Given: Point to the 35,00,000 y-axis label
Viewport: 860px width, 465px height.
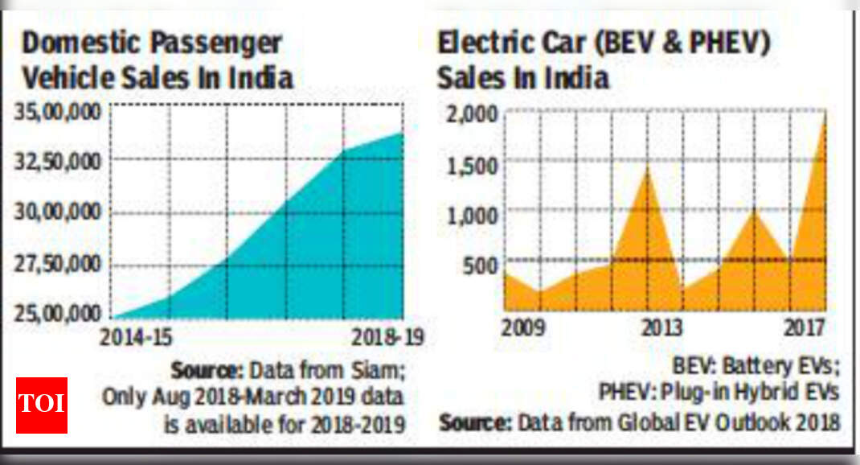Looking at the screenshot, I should tap(57, 111).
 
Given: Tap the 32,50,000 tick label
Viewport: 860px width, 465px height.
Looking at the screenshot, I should tap(57, 162).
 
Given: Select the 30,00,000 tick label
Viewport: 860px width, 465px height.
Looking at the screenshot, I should tap(57, 213).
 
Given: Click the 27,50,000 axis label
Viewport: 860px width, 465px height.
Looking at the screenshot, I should tap(57, 265).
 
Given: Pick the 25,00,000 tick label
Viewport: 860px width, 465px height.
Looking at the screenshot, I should tap(57, 312).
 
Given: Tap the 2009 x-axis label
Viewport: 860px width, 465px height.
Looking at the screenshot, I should tap(524, 329).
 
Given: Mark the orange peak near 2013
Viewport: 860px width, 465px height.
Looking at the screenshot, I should tap(648, 169).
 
